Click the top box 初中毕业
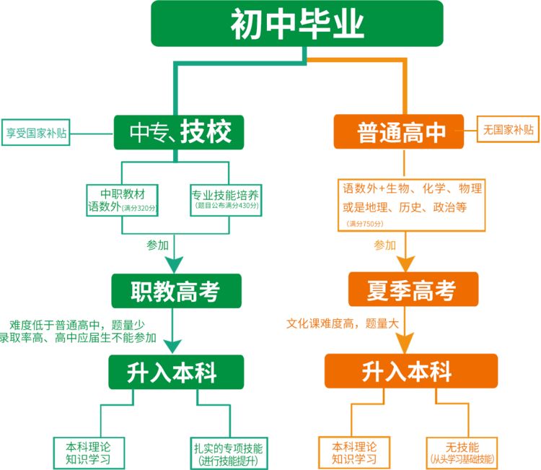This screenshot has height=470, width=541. click(296, 24)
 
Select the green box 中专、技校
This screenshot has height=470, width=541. click(175, 132)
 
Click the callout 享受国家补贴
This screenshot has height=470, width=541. click(36, 133)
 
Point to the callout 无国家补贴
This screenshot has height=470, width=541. click(509, 130)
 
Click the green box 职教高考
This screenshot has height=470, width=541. click(175, 290)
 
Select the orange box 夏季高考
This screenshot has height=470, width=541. click(413, 290)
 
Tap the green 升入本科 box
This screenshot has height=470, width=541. click(172, 372)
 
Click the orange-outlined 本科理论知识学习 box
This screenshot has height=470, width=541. click(354, 451)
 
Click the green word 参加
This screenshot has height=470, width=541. click(157, 245)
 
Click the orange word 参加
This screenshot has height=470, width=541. click(384, 245)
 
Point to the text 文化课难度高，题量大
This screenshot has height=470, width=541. click(342, 325)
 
